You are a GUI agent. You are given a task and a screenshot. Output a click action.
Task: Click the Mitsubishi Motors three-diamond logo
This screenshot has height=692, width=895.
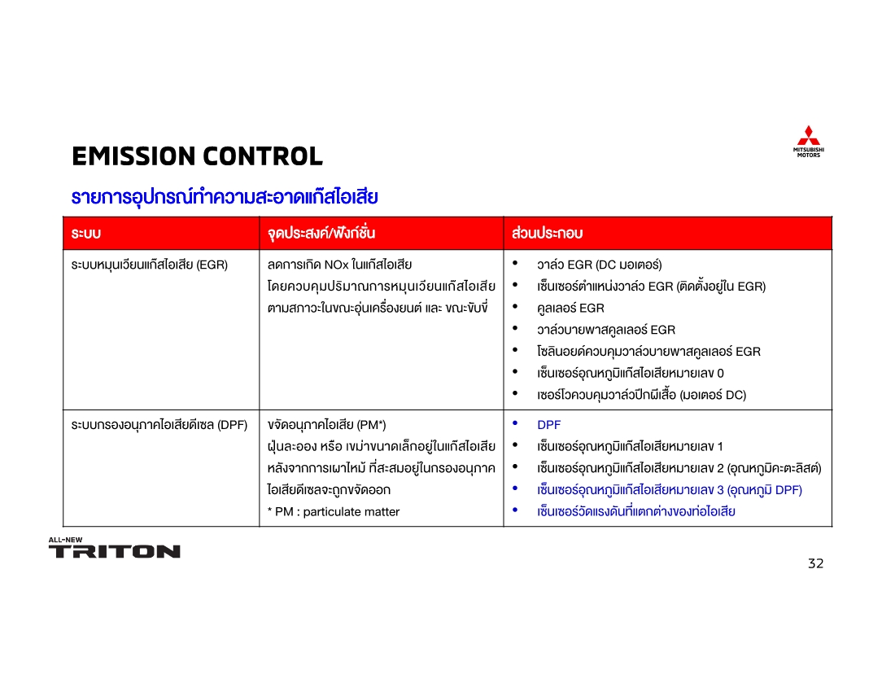[x=808, y=136]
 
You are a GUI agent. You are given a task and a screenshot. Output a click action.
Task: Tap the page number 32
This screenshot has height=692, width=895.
[x=815, y=563]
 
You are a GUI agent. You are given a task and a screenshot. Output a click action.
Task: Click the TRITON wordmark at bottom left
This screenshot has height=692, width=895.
[x=115, y=551]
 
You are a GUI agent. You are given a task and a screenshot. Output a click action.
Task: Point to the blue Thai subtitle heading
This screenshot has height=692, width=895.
[x=225, y=197]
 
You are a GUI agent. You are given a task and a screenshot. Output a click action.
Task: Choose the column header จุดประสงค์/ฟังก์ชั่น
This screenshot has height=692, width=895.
[x=321, y=234]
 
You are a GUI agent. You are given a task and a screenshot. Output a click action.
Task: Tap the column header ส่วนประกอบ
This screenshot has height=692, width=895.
[x=548, y=234]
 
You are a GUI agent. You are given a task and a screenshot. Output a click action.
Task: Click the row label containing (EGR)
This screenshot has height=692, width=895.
[x=150, y=265]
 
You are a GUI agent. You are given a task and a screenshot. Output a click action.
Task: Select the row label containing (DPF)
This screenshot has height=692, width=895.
[x=159, y=425]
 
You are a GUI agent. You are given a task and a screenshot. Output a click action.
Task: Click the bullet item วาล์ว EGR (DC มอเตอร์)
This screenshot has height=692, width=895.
[x=599, y=265]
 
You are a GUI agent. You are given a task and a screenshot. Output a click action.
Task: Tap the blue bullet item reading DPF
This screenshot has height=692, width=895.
[x=548, y=425]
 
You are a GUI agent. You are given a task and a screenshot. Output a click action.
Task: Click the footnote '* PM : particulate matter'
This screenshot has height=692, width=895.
[x=334, y=512]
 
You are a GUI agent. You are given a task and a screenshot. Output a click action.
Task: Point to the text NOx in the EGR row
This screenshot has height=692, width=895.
[x=335, y=265]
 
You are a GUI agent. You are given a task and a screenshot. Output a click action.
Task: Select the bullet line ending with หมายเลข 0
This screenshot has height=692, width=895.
[x=630, y=373]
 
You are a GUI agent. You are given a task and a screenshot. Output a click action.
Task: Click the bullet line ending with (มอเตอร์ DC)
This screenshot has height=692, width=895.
[x=641, y=395]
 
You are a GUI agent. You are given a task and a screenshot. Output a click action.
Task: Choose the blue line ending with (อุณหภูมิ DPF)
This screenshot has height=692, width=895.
[x=669, y=490]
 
